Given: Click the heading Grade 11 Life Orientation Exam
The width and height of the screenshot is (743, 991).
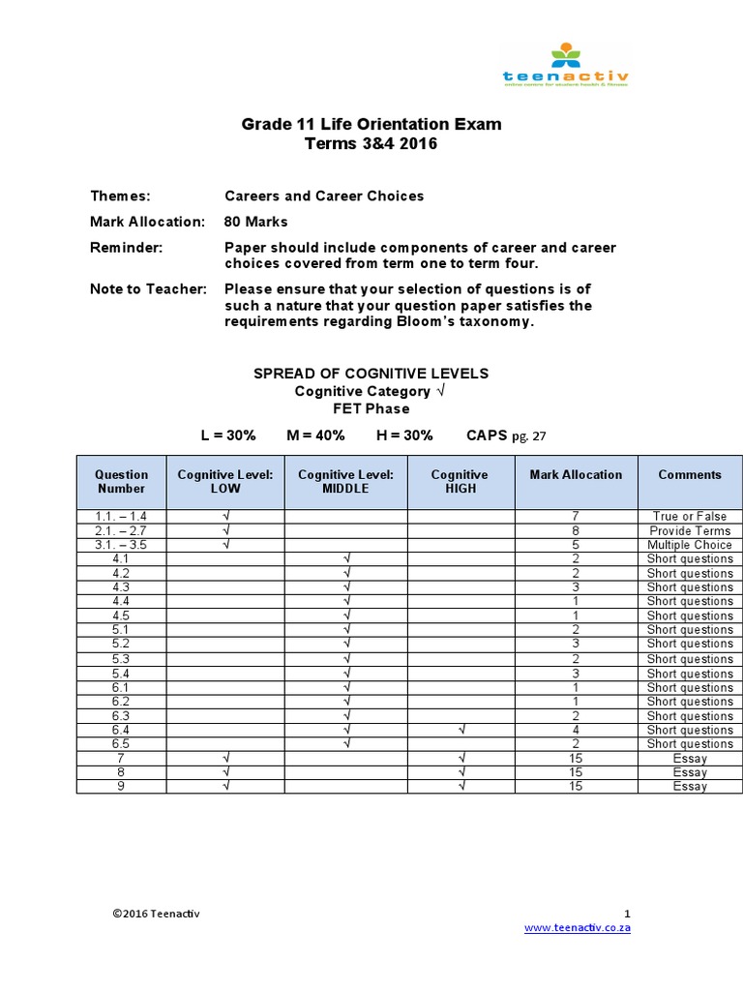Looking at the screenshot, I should [x=371, y=125].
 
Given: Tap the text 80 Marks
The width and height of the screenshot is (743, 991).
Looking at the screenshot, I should [x=256, y=222].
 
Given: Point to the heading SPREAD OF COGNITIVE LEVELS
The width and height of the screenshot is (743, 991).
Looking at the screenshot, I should [x=371, y=374].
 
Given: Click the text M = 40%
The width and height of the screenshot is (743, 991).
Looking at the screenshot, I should [x=315, y=435].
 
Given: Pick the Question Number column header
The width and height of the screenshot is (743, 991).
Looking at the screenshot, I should [x=121, y=482].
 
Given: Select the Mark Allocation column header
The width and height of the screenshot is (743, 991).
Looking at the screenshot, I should [x=576, y=475].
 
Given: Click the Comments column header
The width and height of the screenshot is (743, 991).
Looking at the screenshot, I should [x=690, y=475].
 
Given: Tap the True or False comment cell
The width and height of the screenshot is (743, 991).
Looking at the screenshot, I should [x=690, y=517].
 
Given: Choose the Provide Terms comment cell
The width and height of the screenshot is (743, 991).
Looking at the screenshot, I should [x=690, y=531].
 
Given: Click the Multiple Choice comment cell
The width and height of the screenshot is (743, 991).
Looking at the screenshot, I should [x=690, y=545].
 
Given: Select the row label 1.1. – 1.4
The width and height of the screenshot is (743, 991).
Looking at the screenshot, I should [x=121, y=517].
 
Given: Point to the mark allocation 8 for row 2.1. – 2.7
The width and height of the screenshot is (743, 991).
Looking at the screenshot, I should [x=576, y=531].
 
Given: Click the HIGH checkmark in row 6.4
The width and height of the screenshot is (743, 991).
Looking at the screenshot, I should [x=461, y=730].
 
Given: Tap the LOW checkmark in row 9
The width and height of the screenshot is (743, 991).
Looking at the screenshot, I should [x=225, y=787].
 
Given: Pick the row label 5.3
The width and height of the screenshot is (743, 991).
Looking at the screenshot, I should [x=121, y=659].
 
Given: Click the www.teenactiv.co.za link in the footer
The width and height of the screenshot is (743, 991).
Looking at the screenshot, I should [x=578, y=927].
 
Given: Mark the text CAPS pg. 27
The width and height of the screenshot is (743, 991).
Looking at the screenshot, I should [x=506, y=435].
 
